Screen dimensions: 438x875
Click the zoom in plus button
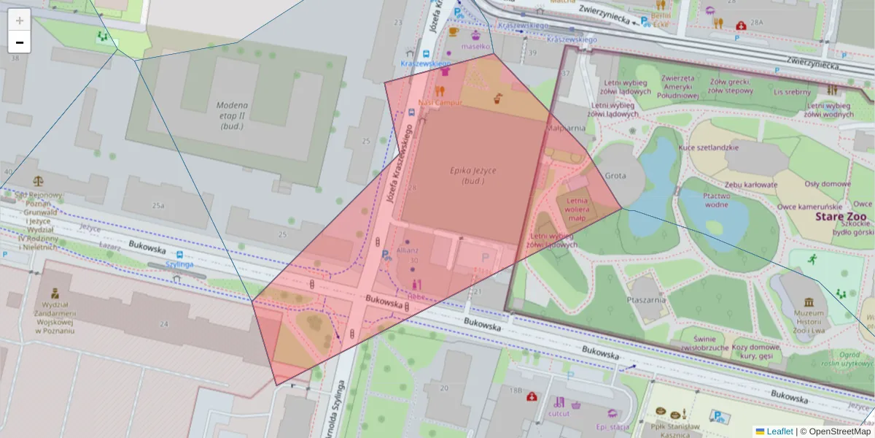(x=20, y=20)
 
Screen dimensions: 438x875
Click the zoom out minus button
(x=20, y=42)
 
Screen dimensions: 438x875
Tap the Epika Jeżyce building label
(x=472, y=175)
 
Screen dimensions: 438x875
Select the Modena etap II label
(x=232, y=115)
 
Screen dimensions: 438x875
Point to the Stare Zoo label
(x=841, y=218)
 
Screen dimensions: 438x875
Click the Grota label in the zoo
(x=615, y=176)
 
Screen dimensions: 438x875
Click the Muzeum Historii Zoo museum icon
(x=809, y=302)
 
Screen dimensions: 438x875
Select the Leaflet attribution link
(x=779, y=431)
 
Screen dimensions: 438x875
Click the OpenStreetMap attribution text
(x=839, y=431)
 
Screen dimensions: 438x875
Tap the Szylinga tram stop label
(x=179, y=264)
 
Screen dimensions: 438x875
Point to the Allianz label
(x=407, y=250)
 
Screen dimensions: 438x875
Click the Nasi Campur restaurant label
(x=440, y=103)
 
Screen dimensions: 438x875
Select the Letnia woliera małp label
(x=577, y=209)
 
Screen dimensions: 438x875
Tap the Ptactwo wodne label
(x=716, y=201)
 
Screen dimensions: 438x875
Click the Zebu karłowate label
(x=750, y=185)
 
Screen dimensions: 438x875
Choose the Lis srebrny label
(x=793, y=92)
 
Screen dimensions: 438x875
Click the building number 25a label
(x=158, y=207)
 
